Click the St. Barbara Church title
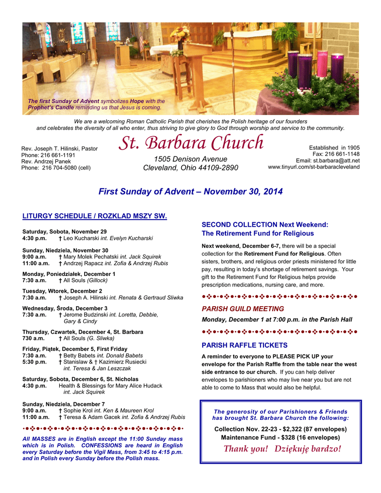click(x=191, y=143)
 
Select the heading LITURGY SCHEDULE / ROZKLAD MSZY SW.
click(x=94, y=216)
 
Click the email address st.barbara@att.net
click(x=336, y=160)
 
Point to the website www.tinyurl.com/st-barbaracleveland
click(x=314, y=167)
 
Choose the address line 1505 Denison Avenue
click(x=190, y=159)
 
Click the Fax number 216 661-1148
click(x=342, y=154)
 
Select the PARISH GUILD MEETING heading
click(x=243, y=309)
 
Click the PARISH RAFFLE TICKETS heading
click(x=244, y=345)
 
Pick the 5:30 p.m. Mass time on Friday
click(x=34, y=362)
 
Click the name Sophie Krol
click(x=78, y=411)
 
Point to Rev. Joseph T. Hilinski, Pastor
click(x=59, y=149)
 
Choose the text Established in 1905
click(x=334, y=148)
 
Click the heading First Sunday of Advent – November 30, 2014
click(x=190, y=192)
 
